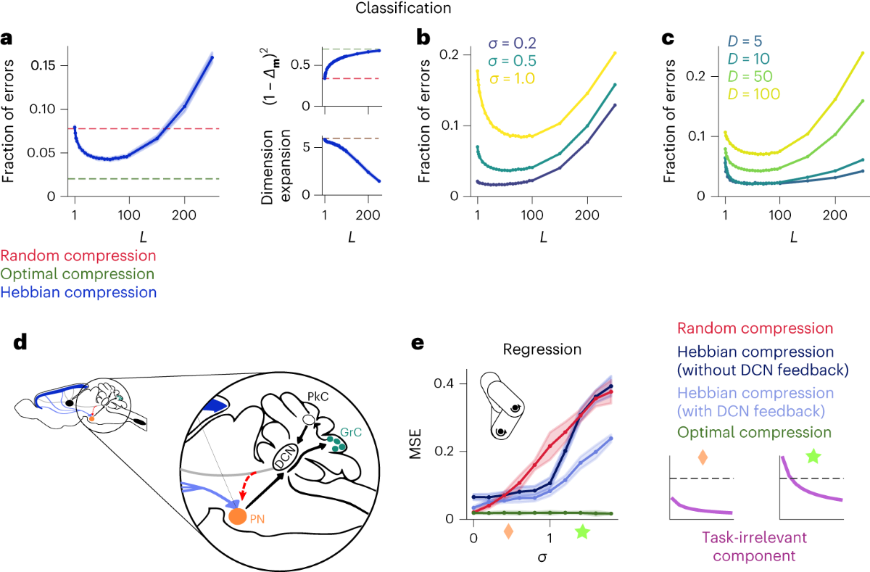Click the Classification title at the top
coord(434,10)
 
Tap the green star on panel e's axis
coord(581,532)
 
